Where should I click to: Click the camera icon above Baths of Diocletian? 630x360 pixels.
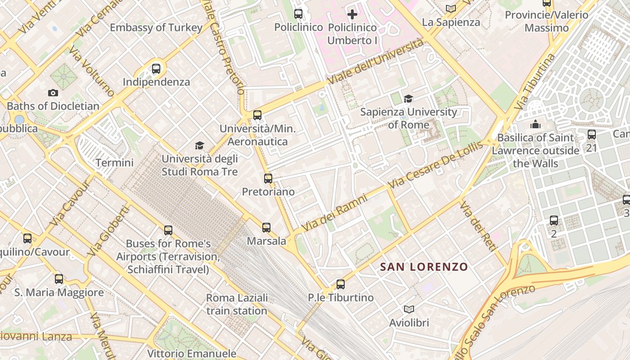point(53,93)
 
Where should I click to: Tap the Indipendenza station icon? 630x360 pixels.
point(156,69)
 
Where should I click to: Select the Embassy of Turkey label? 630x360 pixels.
point(156,27)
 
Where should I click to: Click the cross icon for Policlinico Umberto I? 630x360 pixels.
point(352,14)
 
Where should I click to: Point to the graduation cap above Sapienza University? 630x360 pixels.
point(408,99)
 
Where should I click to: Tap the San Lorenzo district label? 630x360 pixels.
point(424,267)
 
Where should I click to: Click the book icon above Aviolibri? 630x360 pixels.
point(409,309)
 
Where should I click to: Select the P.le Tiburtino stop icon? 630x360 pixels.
point(341,284)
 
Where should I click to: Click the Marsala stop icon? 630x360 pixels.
point(266,228)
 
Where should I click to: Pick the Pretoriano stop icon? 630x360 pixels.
point(268,179)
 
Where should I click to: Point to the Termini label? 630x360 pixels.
point(114,162)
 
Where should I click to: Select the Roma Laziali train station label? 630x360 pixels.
point(237,304)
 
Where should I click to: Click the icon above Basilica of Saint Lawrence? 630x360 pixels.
point(535,124)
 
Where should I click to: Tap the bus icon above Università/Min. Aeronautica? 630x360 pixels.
point(257,115)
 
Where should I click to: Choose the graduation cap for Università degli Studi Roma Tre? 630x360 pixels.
point(199,145)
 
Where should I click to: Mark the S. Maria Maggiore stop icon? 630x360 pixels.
point(59,279)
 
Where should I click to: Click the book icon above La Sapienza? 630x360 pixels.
point(451,9)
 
